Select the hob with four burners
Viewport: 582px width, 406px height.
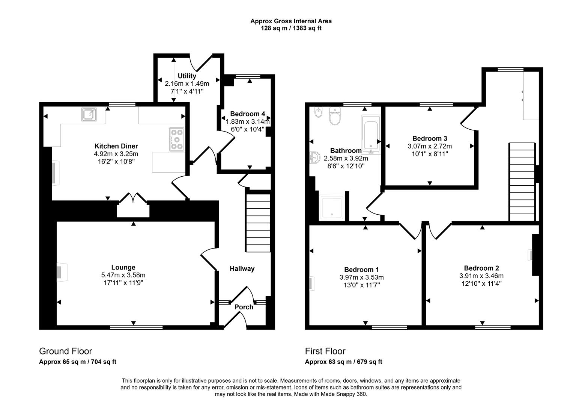pos(177,139)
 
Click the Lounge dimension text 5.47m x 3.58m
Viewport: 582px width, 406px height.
pos(123,275)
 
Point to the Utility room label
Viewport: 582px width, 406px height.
pos(186,76)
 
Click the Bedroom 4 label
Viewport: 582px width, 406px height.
pos(248,114)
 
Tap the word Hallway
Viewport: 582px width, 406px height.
pos(242,268)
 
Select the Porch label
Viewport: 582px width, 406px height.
pos(244,307)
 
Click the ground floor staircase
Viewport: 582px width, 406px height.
pos(258,223)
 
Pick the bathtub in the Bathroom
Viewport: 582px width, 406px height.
pos(371,134)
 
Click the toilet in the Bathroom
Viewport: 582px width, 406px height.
pos(334,117)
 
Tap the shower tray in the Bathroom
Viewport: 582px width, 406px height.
pos(331,207)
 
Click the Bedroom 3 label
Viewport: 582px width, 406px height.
pos(430,138)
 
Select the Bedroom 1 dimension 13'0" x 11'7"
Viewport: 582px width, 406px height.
pos(362,285)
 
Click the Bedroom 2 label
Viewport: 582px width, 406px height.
pos(481,268)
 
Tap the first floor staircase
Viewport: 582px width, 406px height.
pos(522,182)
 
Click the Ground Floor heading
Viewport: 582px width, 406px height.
pos(66,351)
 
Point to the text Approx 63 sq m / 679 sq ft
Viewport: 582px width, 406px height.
pos(343,362)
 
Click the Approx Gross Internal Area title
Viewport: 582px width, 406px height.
pos(291,21)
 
